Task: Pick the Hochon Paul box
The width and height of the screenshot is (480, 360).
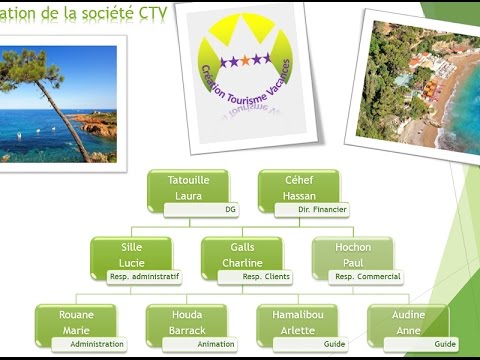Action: (353, 254)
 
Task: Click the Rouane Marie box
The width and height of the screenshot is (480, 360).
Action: (73, 323)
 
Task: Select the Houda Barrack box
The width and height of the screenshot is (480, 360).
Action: (186, 323)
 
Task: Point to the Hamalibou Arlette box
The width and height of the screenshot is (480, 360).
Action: (296, 323)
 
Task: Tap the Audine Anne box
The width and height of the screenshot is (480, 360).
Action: (407, 323)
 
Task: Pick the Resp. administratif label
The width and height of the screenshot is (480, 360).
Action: (146, 276)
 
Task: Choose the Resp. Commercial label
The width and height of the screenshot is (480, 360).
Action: (367, 276)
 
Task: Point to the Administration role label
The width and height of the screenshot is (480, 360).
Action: (97, 343)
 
